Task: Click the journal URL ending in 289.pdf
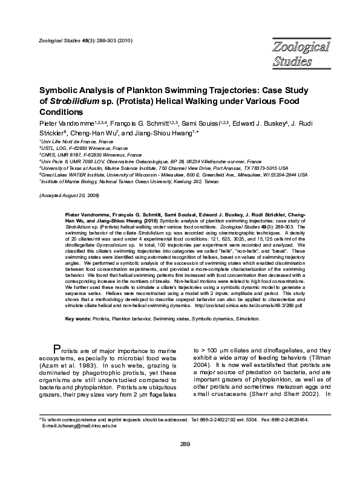(266, 306)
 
